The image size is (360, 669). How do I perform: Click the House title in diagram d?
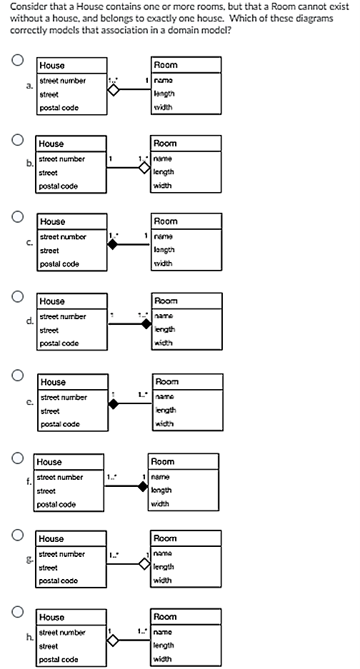pos(52,301)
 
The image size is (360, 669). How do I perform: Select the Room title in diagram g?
pos(165,538)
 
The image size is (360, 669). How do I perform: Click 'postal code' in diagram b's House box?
pos(58,186)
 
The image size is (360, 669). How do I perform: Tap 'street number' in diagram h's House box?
pos(61,632)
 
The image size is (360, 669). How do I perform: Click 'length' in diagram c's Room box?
pos(165,251)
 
